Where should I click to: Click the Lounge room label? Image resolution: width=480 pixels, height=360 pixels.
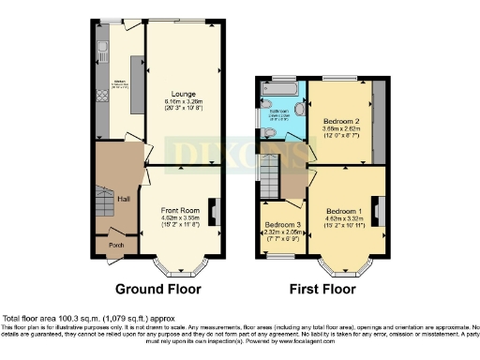pyautogui.click(x=184, y=94)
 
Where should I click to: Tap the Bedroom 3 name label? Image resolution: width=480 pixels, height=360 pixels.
pyautogui.click(x=281, y=225)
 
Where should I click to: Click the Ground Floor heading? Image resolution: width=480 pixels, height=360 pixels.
pyautogui.click(x=156, y=289)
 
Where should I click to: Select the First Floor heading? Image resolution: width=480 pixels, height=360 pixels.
pyautogui.click(x=323, y=289)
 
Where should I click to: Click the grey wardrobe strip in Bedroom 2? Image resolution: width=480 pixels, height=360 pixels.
pyautogui.click(x=379, y=122)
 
